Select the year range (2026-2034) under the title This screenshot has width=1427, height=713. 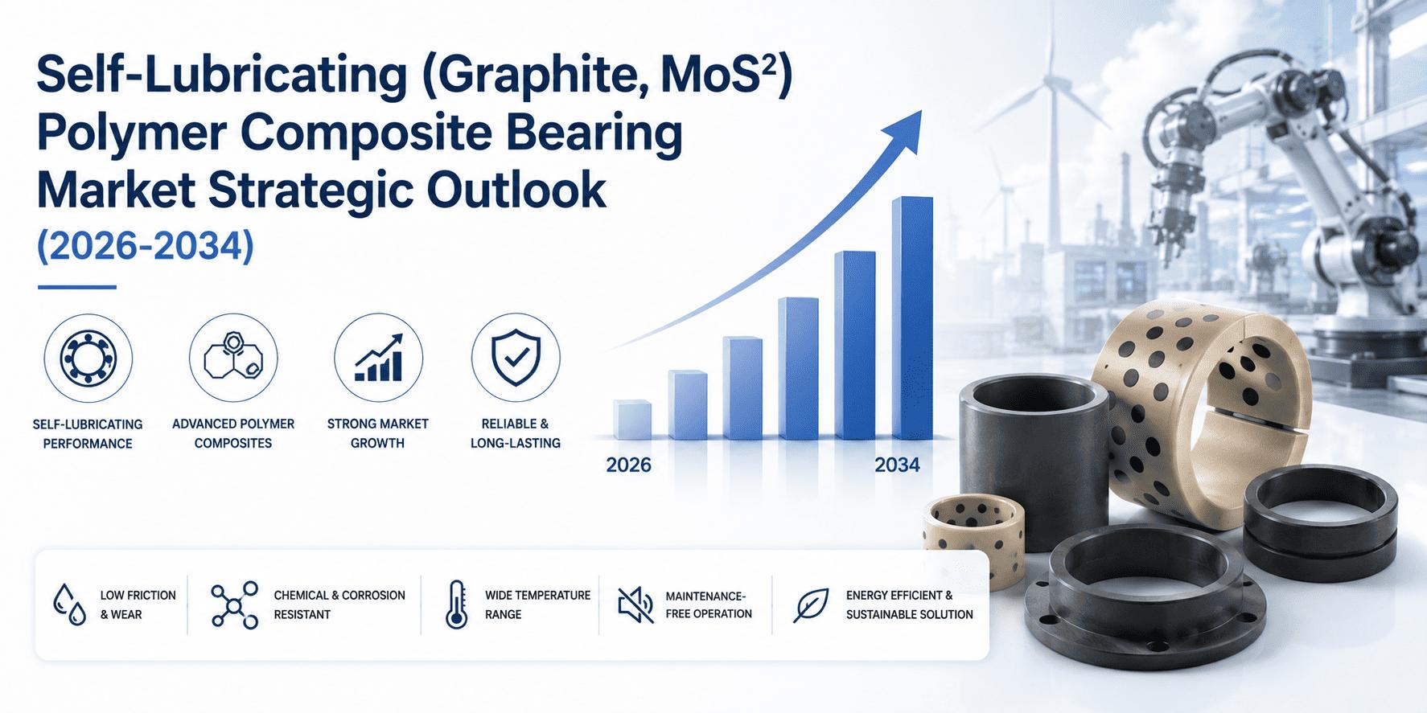[x=146, y=244]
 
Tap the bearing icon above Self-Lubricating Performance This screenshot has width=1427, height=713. [x=88, y=358]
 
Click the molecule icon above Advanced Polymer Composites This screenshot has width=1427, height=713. [x=233, y=358]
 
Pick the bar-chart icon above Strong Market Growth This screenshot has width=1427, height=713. [x=378, y=358]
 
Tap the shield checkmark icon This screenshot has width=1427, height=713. [x=516, y=358]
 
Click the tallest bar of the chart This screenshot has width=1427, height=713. [x=912, y=318]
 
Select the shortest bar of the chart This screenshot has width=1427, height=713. [x=632, y=420]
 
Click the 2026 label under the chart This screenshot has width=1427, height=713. [x=628, y=465]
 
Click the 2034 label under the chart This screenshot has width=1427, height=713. [x=897, y=465]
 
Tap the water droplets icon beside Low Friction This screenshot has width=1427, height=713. [x=69, y=604]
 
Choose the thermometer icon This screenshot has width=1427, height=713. [x=456, y=604]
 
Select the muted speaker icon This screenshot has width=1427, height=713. [x=635, y=604]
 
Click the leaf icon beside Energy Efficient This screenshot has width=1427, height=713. [x=811, y=605]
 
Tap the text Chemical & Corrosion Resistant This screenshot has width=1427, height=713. [x=339, y=604]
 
